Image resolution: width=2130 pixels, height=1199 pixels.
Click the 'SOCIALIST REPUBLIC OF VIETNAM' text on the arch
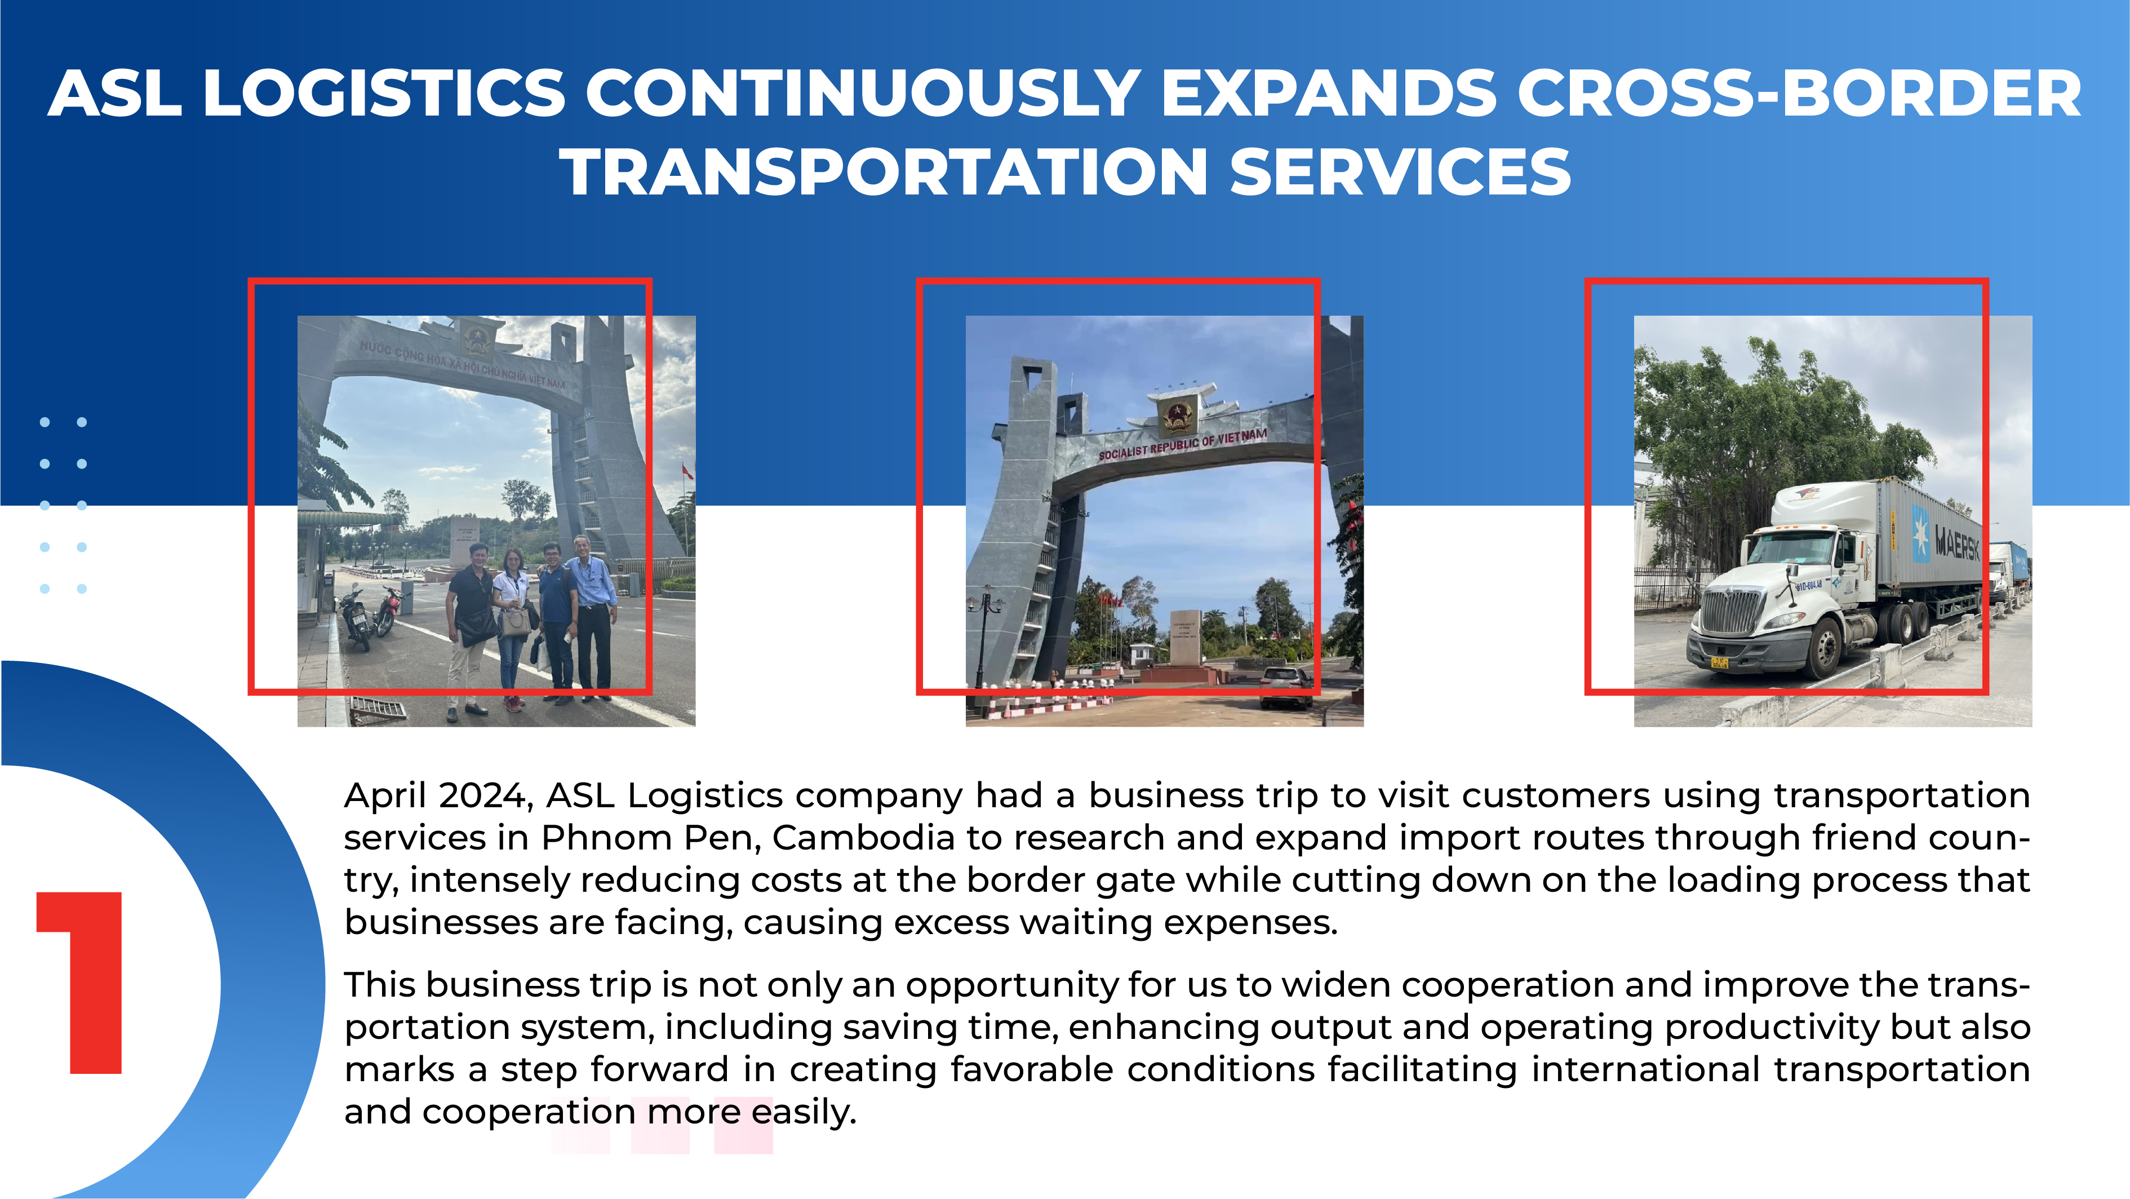(x=1182, y=444)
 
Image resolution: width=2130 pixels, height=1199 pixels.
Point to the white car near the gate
(x=1286, y=687)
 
